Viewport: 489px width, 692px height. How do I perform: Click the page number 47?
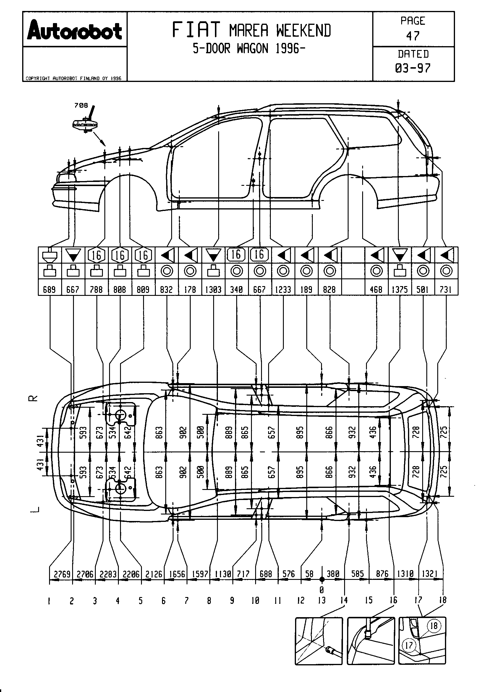click(x=413, y=36)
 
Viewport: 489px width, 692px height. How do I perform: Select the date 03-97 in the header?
click(x=413, y=68)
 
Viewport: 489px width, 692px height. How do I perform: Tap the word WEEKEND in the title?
click(x=304, y=31)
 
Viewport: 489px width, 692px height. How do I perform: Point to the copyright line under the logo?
click(x=74, y=78)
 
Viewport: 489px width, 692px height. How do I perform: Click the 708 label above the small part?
click(x=81, y=105)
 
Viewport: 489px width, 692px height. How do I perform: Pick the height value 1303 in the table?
click(x=213, y=290)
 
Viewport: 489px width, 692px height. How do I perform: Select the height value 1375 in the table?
click(x=400, y=290)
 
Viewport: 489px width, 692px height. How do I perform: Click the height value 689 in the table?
click(x=49, y=290)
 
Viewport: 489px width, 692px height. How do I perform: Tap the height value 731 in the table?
click(x=446, y=290)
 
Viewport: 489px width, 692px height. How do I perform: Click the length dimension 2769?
click(x=62, y=574)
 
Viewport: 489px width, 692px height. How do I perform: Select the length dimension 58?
click(x=309, y=574)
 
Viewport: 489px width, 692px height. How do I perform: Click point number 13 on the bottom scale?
click(x=322, y=600)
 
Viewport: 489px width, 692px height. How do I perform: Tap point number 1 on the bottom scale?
click(x=49, y=601)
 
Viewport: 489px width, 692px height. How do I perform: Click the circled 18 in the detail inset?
click(x=433, y=626)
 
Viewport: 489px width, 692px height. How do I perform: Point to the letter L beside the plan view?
click(x=35, y=509)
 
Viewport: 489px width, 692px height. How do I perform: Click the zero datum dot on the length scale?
click(x=322, y=579)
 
